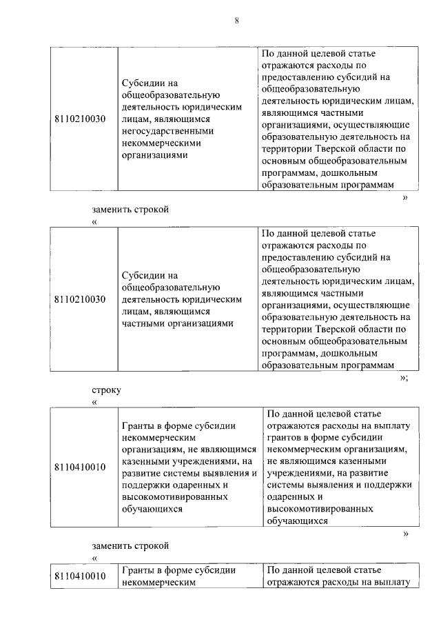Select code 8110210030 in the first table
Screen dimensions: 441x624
click(80, 119)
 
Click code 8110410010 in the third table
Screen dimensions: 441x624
click(80, 467)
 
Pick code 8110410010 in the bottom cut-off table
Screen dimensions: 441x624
click(80, 576)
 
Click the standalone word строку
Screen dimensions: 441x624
click(106, 390)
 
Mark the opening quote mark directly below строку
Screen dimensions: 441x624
click(94, 402)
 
